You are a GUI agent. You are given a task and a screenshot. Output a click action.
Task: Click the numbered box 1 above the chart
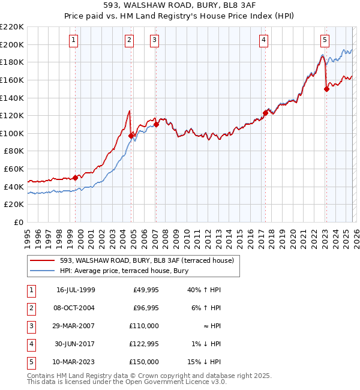click(73, 40)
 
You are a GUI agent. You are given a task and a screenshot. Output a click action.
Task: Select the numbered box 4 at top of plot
click(263, 40)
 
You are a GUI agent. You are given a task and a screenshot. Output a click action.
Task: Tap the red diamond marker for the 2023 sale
click(326, 89)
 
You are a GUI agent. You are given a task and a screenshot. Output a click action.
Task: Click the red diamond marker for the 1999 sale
click(76, 178)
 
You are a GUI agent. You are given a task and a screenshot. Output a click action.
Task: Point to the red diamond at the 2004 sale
click(131, 136)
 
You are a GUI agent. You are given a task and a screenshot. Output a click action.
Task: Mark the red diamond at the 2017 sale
click(265, 112)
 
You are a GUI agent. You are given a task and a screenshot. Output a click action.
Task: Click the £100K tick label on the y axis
click(12, 133)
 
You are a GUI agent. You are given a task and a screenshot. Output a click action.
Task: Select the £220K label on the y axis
click(12, 26)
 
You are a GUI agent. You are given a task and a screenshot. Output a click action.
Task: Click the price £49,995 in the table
click(146, 290)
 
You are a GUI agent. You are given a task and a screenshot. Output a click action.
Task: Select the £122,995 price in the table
click(144, 344)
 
